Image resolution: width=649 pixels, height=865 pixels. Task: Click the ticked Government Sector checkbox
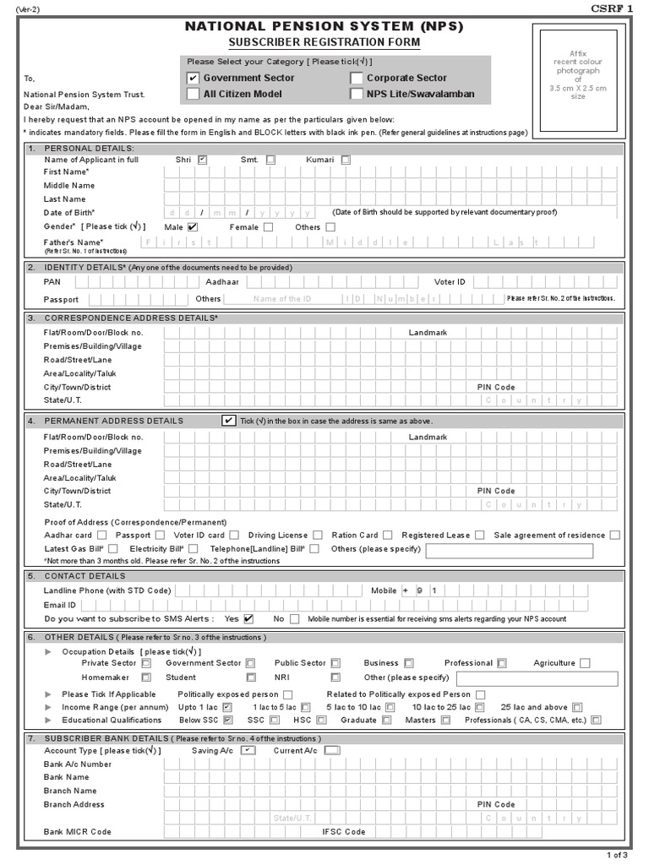tap(193, 79)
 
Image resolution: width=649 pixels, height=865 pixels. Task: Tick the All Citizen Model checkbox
tap(193, 94)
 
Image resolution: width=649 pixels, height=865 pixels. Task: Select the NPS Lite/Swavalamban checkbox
tap(356, 94)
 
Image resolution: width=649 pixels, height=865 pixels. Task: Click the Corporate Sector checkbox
tap(356, 79)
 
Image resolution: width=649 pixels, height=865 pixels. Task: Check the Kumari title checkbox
tap(346, 160)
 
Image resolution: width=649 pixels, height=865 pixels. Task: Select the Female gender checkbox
tap(268, 227)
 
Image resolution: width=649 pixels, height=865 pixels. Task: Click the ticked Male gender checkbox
tap(193, 226)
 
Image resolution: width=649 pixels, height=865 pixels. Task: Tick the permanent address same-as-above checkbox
tap(228, 420)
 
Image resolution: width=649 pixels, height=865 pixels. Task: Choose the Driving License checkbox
tap(317, 535)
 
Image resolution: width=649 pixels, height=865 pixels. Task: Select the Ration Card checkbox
tap(387, 535)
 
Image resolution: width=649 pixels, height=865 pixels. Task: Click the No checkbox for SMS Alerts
tap(294, 618)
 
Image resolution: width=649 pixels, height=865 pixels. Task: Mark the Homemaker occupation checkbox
tap(146, 677)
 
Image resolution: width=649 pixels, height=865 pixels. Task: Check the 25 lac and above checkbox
tap(577, 706)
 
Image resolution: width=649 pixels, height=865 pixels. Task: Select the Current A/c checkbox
tap(332, 750)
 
